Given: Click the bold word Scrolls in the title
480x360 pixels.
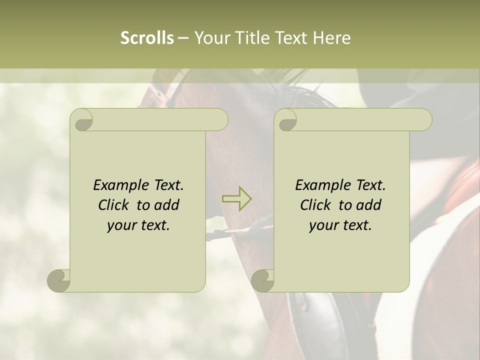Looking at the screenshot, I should coord(147,38).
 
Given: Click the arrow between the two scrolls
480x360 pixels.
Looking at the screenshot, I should coord(237,198).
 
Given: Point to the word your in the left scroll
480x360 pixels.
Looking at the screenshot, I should coord(121,225).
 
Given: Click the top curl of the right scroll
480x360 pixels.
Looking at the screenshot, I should coord(286,120).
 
